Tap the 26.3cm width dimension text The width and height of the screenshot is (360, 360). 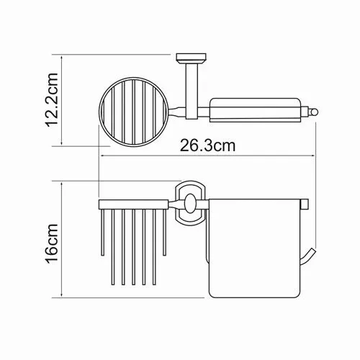click(x=207, y=145)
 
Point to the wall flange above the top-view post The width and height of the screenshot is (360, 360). click(x=189, y=59)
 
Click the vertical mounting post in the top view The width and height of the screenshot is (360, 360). click(x=189, y=90)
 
